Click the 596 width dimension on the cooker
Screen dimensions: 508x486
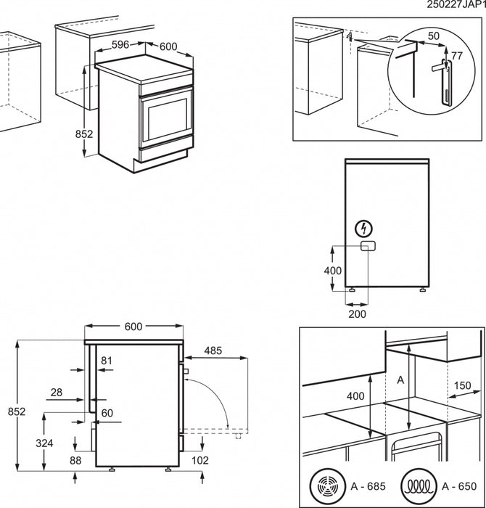(x=121, y=44)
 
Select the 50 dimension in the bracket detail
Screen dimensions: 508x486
(x=433, y=36)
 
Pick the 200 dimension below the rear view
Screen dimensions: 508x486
(x=357, y=314)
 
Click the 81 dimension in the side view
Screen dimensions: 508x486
(x=107, y=361)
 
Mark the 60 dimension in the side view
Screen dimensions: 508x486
(x=107, y=413)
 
